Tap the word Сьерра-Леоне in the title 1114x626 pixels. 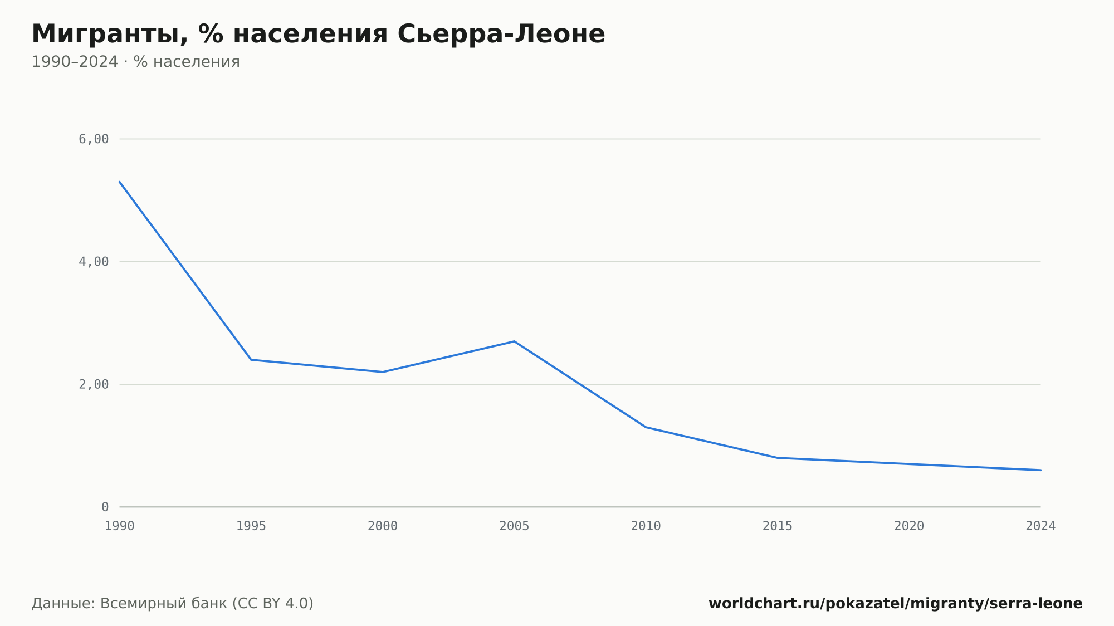coord(501,34)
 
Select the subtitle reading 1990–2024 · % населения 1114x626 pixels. coord(135,62)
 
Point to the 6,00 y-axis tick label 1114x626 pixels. coord(94,139)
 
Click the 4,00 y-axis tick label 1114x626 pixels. coord(94,262)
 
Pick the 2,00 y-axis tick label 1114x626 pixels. coord(94,384)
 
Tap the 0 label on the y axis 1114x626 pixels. coord(105,507)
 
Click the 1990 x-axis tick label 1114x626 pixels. coord(120,526)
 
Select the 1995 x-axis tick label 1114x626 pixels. coord(251,526)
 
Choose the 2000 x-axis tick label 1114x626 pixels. coord(383,526)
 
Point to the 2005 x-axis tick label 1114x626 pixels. coord(514,526)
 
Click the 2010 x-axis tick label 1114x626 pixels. coord(646,526)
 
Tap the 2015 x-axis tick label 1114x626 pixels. coord(778,526)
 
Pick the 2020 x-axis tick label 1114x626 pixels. coord(909,526)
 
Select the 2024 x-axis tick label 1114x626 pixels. coord(1040,526)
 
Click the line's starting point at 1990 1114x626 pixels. coord(120,182)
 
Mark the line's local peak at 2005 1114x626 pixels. coord(514,341)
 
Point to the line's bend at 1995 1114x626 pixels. coord(251,360)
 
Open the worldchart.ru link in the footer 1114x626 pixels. coord(895,604)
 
